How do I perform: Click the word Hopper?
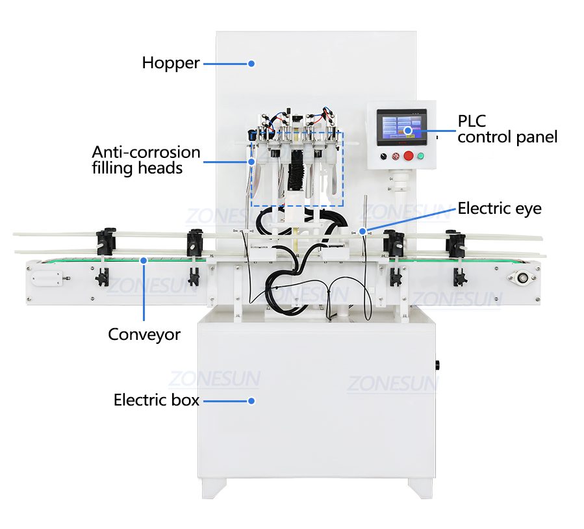pos(171,63)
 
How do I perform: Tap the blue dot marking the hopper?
pos(251,64)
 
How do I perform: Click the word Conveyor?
pos(144,335)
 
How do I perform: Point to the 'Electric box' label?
pos(156,400)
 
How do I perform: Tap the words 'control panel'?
pos(507,137)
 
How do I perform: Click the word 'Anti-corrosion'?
pos(146,153)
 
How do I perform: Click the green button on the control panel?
pos(420,156)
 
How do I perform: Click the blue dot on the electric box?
pos(251,401)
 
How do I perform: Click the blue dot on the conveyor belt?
pos(144,261)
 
